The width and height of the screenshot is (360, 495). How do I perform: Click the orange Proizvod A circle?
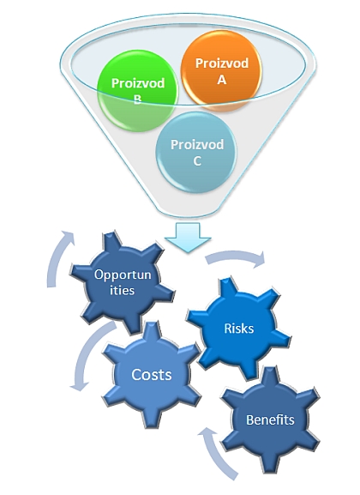coord(221,70)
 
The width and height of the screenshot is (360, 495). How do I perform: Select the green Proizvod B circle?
coord(137,91)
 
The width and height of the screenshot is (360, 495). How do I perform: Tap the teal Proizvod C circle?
coord(196,152)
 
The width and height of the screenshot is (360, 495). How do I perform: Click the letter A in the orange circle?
coord(222,80)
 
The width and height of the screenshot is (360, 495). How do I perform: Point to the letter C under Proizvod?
coord(197,161)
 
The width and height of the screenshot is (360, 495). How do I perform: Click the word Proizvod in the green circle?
coord(138,83)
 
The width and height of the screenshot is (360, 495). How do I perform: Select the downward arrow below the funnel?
coord(188,238)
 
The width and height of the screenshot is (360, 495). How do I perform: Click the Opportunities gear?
coord(123,282)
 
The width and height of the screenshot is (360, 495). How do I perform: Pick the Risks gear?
coord(239,329)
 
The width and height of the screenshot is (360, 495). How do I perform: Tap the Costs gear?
coord(152,375)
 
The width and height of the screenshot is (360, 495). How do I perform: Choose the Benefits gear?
coord(270,420)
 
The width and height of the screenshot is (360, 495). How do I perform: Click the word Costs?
coord(152,375)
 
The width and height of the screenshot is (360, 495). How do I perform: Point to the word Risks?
coord(239,329)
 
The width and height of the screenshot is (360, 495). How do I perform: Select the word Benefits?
coord(270,420)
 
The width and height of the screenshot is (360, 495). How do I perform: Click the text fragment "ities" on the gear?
coord(122,290)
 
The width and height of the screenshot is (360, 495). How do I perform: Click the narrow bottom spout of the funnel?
coord(188,211)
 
